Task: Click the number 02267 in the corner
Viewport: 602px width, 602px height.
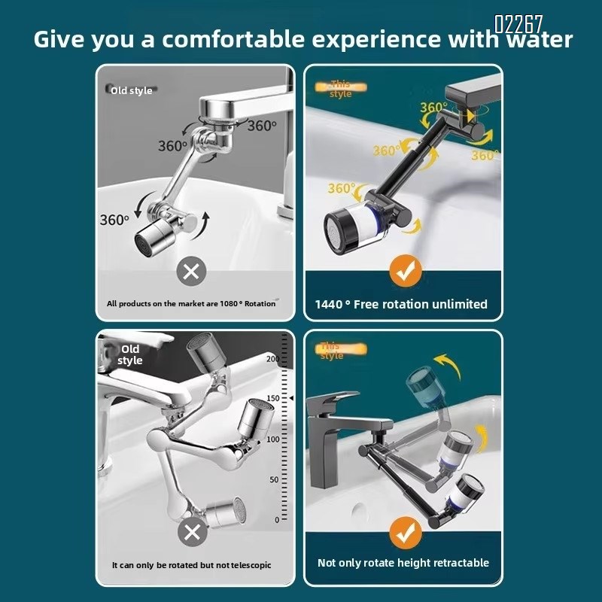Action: point(518,24)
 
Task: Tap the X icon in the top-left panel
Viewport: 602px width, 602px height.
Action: point(191,271)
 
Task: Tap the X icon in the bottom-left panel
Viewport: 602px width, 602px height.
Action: point(193,533)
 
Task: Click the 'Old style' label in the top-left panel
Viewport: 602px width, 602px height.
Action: point(131,90)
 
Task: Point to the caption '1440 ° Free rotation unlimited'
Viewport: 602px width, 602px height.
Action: point(401,305)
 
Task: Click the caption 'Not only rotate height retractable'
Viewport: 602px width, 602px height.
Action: point(403,563)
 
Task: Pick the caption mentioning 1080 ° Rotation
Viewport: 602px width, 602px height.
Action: point(191,304)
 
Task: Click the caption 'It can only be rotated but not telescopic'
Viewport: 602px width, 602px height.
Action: point(191,565)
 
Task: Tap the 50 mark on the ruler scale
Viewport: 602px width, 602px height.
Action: point(273,479)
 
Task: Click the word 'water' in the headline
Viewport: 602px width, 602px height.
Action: point(537,39)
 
